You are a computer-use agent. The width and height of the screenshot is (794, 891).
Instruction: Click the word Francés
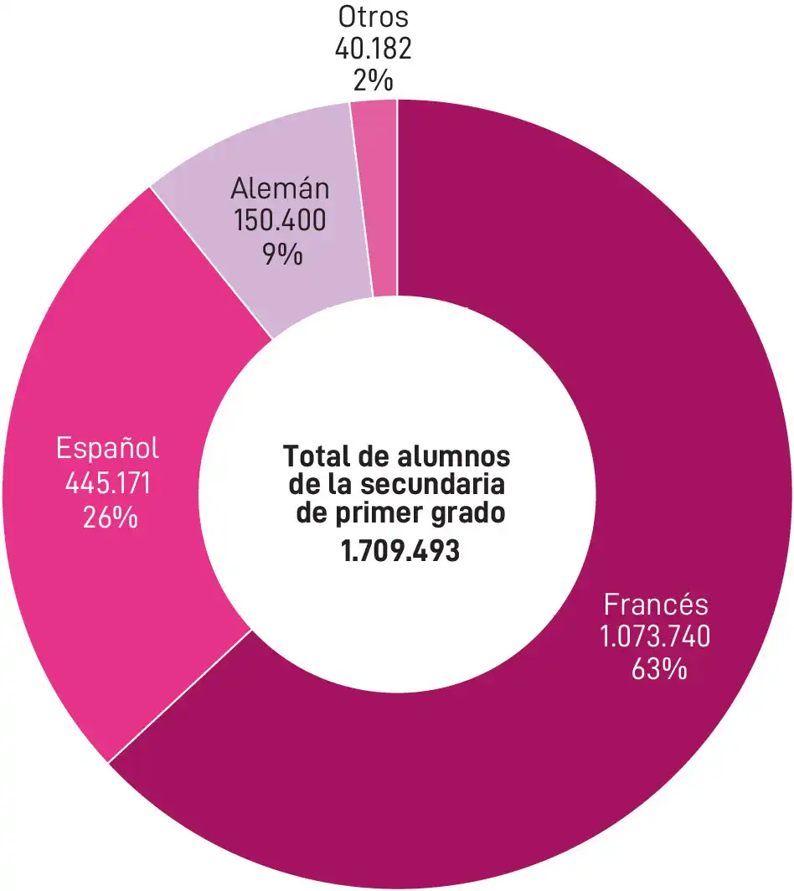click(656, 605)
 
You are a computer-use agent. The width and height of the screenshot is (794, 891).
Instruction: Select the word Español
click(107, 449)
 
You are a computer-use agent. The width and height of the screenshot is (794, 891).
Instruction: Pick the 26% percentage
click(110, 517)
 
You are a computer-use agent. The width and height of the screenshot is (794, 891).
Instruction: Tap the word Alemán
click(280, 188)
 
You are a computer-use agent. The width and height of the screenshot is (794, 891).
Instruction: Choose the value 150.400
click(281, 220)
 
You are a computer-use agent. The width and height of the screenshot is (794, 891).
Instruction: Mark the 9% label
click(281, 253)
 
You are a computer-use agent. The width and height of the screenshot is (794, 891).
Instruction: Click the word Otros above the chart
click(374, 17)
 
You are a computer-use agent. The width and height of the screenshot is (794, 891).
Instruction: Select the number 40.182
click(374, 49)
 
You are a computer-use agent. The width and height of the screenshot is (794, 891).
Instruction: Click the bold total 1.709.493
click(401, 552)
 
